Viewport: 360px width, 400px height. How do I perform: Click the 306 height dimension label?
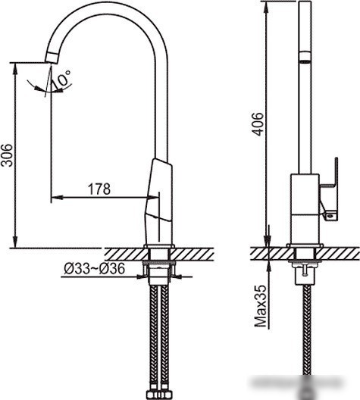7,155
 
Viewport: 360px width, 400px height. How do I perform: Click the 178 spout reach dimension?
99,189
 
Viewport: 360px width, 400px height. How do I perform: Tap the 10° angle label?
61,78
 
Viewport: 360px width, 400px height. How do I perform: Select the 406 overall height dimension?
257,123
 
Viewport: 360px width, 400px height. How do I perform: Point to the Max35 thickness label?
261,305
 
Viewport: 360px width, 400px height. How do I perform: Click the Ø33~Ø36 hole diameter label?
95,268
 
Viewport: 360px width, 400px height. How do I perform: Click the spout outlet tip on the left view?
52,58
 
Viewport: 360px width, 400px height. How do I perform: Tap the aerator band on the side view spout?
305,56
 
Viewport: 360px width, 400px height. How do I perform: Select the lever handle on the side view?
329,189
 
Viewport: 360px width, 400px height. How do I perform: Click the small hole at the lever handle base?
331,216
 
